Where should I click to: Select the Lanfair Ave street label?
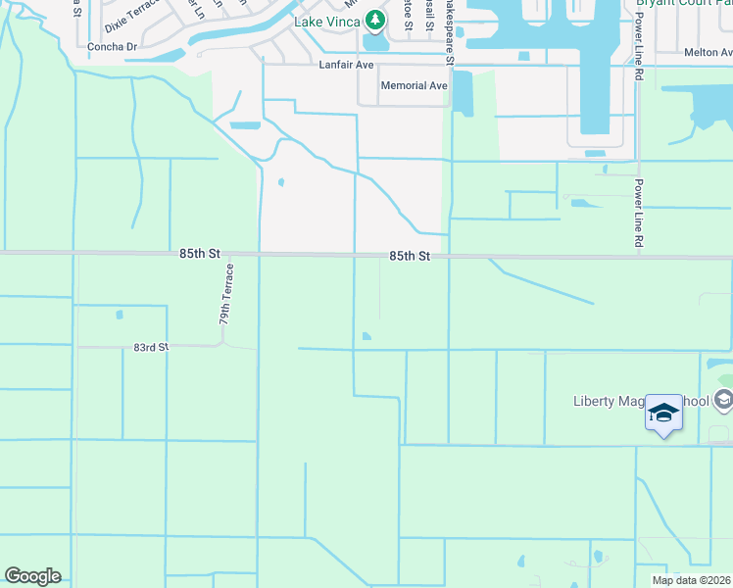coord(347,65)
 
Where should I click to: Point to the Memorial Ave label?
coord(414,86)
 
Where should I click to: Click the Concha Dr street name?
coord(111,46)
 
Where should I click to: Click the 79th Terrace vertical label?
coord(224,294)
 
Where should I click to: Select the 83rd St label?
coord(152,347)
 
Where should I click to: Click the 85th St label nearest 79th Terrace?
coord(200,253)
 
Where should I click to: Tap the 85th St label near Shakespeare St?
coord(410,256)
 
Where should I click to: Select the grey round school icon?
coord(723,399)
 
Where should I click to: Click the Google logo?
coord(32,576)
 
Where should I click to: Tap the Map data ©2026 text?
coord(692,580)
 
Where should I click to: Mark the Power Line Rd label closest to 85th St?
coord(639,213)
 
